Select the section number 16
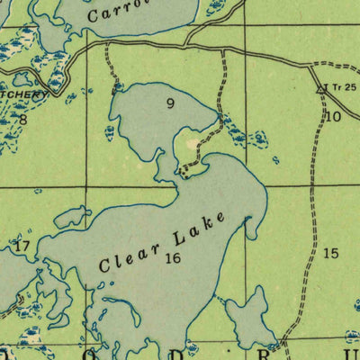click(173, 257)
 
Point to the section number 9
click(170, 103)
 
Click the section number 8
click(23, 118)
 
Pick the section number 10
click(333, 116)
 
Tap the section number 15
click(330, 253)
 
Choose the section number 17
click(22, 245)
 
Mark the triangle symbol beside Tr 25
click(320, 90)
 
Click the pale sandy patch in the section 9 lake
click(191, 142)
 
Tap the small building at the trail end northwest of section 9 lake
click(116, 88)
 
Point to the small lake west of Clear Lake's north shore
click(73, 217)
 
